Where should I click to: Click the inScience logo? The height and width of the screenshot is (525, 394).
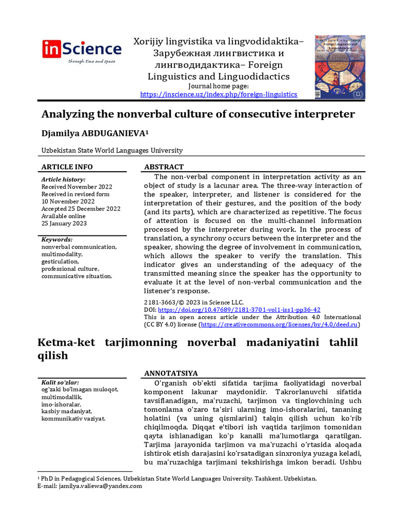(82, 51)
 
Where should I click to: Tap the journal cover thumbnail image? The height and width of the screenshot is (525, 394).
(340, 67)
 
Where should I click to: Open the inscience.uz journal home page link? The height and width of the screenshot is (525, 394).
(219, 94)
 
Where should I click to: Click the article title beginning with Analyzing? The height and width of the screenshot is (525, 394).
(198, 114)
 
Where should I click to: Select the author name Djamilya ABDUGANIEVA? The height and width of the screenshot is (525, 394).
(94, 133)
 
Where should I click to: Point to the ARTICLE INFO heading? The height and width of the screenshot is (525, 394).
(67, 167)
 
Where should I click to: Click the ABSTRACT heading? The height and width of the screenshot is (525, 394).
(164, 167)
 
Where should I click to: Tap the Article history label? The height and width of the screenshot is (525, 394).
(63, 179)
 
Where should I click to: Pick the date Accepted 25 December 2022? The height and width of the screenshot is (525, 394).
(81, 209)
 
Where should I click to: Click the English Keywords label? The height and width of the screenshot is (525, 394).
(57, 239)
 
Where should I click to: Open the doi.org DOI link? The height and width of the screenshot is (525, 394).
(239, 310)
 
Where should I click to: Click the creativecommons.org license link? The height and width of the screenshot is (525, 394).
(280, 325)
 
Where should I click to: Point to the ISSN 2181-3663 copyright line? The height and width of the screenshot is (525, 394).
(194, 302)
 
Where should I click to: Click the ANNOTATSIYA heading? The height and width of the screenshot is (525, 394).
(171, 373)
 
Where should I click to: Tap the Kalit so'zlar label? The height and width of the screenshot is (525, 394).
(60, 382)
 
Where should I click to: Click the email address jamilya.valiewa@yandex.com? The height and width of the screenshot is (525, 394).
(100, 486)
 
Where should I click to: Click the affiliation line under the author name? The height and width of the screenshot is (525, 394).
(112, 150)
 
